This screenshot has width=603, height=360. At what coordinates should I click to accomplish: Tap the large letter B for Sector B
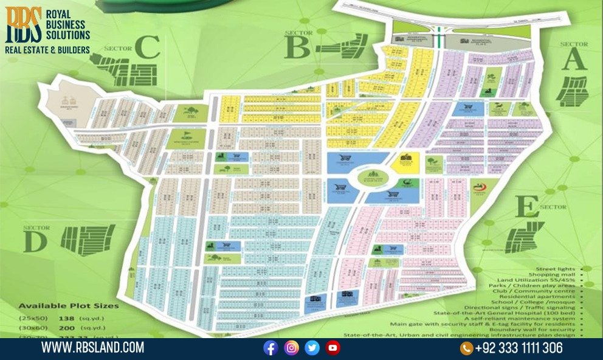tap(298, 47)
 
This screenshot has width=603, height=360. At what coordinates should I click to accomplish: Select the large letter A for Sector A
tap(574, 60)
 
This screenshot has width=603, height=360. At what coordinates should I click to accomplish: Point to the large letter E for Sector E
tap(527, 207)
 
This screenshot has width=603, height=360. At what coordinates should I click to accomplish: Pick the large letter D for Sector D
tap(35, 241)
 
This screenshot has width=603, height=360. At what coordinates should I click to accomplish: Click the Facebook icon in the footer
tap(270, 348)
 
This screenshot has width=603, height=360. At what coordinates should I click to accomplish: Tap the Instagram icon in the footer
tap(292, 348)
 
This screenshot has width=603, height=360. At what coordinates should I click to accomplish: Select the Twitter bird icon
tap(312, 348)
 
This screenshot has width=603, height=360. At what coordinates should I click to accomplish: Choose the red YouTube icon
tap(333, 348)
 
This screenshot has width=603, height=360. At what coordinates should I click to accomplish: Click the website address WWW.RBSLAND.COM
tap(92, 348)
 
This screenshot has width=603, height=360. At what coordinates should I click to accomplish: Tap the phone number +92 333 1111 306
tap(519, 348)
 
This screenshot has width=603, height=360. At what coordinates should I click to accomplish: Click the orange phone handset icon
tap(466, 348)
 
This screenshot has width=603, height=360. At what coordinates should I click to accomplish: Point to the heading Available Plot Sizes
tap(68, 305)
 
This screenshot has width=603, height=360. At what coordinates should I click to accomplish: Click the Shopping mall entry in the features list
tap(557, 274)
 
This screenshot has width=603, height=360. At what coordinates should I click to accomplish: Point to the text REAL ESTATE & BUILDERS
tap(47, 49)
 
